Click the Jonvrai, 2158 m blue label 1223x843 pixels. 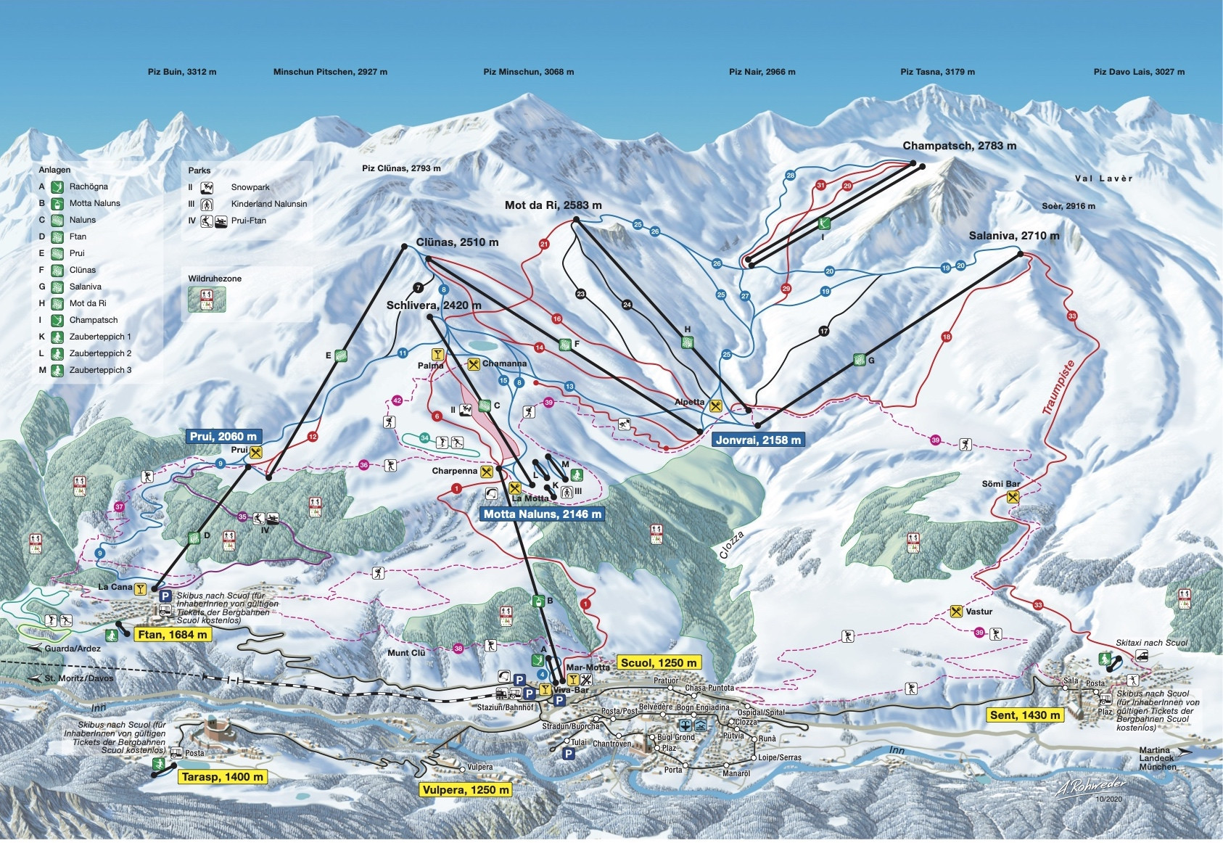[x=758, y=440]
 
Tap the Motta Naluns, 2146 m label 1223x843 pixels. [x=542, y=514]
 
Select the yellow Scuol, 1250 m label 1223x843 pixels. [x=658, y=662]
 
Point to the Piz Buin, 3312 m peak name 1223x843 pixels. [x=182, y=72]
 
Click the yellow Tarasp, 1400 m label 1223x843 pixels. [x=222, y=776]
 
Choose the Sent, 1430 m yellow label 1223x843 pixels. [x=1025, y=715]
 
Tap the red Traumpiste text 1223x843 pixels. [x=1058, y=387]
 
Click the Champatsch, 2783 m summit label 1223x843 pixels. [x=959, y=146]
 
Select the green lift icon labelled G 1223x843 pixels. [x=860, y=359]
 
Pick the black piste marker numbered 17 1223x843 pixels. [x=823, y=331]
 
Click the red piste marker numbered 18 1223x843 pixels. [x=946, y=337]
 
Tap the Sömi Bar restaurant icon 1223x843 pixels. [x=1013, y=497]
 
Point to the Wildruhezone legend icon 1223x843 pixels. [x=207, y=299]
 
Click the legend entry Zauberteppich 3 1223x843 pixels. [x=100, y=370]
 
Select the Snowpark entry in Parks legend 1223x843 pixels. [x=250, y=187]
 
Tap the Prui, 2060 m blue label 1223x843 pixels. [x=223, y=436]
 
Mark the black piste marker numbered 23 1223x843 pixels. [x=580, y=294]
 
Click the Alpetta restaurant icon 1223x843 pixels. [x=716, y=406]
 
